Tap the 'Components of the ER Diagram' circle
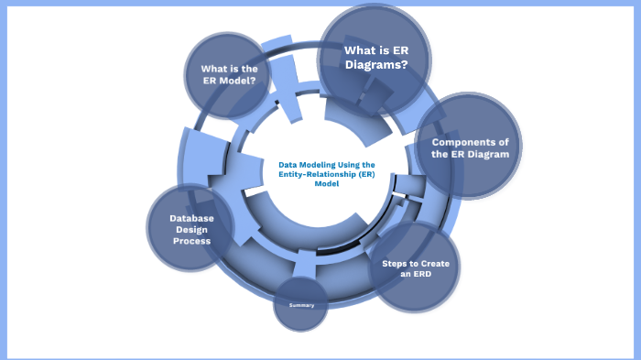point(469,147)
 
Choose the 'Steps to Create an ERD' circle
point(416,267)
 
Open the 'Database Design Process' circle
point(190,229)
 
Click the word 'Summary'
point(301,304)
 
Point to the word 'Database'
point(190,218)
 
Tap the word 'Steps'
point(397,263)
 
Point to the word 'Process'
point(190,240)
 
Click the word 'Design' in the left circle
point(190,229)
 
